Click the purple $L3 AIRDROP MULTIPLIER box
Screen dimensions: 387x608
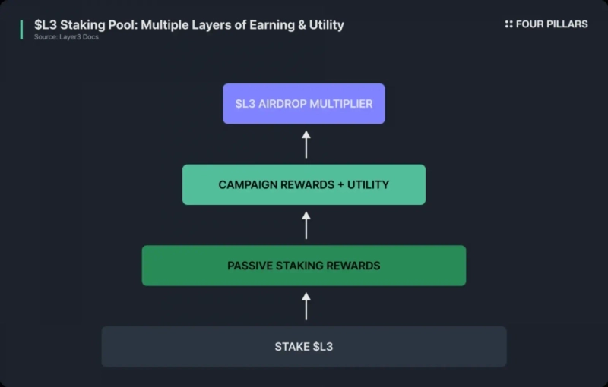(304, 103)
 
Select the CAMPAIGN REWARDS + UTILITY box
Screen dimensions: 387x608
(304, 184)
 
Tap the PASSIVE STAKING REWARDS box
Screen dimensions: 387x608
(304, 266)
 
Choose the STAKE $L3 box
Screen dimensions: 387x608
(304, 347)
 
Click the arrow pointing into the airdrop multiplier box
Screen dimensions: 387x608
(306, 144)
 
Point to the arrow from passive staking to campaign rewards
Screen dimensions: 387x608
(306, 225)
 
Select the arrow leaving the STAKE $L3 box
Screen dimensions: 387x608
(306, 306)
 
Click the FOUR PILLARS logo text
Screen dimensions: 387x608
(552, 24)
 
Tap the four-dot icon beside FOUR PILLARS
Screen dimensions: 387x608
(508, 24)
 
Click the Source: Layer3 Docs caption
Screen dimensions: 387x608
(66, 37)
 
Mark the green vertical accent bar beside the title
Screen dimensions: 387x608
(21, 30)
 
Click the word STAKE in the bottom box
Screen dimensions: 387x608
(292, 347)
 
